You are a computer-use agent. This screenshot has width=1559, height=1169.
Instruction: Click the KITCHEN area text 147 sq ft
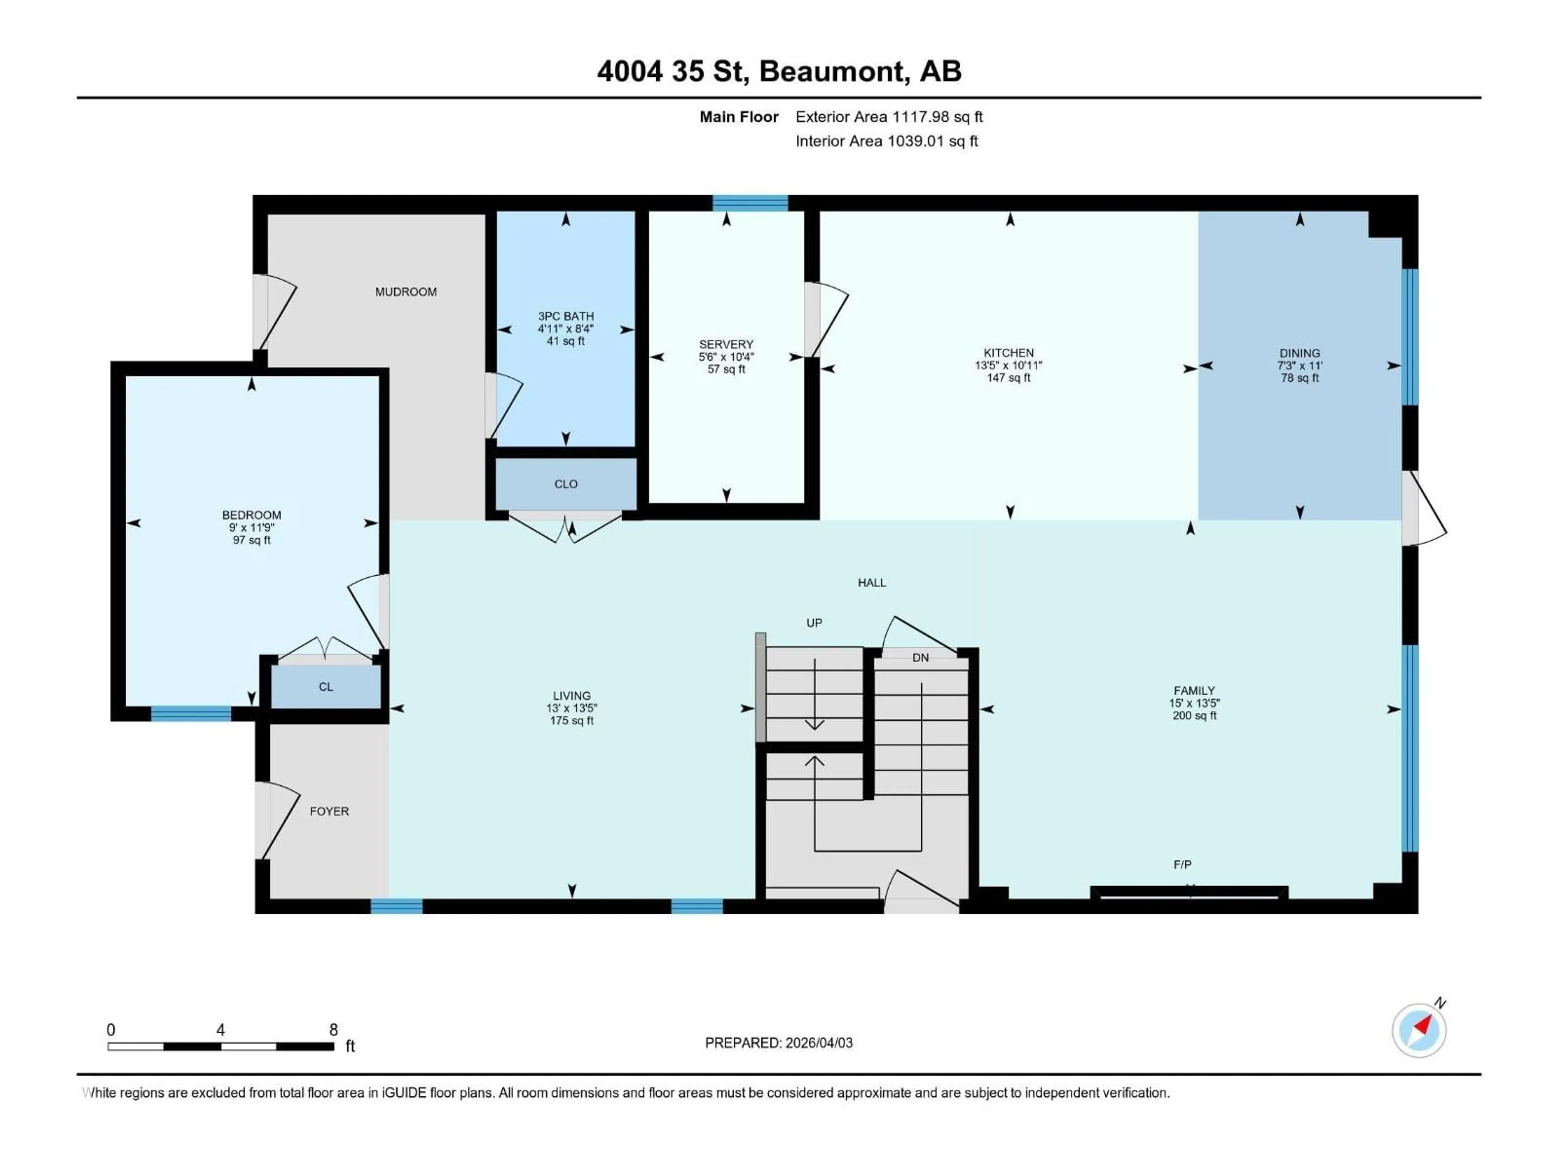pyautogui.click(x=1008, y=377)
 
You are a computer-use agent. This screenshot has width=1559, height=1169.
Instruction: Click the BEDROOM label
pyautogui.click(x=252, y=515)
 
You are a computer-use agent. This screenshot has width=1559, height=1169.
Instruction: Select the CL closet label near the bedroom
pyautogui.click(x=326, y=687)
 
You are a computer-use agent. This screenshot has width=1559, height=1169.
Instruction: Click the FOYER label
pyautogui.click(x=329, y=811)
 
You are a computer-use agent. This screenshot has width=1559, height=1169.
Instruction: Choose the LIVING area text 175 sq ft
pyautogui.click(x=572, y=721)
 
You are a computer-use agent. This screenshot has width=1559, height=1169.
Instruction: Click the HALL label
pyautogui.click(x=871, y=583)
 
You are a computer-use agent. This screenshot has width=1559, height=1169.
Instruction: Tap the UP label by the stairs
pyautogui.click(x=814, y=623)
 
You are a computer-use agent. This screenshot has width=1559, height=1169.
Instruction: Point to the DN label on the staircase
pyautogui.click(x=920, y=658)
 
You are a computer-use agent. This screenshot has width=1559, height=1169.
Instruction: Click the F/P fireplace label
pyautogui.click(x=1182, y=865)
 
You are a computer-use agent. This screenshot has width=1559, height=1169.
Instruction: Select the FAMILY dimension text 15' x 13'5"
pyautogui.click(x=1194, y=703)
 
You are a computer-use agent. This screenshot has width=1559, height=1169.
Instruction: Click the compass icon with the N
pyautogui.click(x=1419, y=1030)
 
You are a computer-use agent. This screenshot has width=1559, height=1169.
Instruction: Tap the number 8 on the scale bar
pyautogui.click(x=333, y=1029)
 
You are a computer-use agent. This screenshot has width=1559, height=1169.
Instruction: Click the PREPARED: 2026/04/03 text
pyautogui.click(x=778, y=1043)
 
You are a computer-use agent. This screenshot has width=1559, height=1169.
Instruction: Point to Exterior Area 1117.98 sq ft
pyautogui.click(x=889, y=117)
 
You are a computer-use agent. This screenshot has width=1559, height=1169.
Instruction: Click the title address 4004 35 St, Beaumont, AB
pyautogui.click(x=779, y=71)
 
